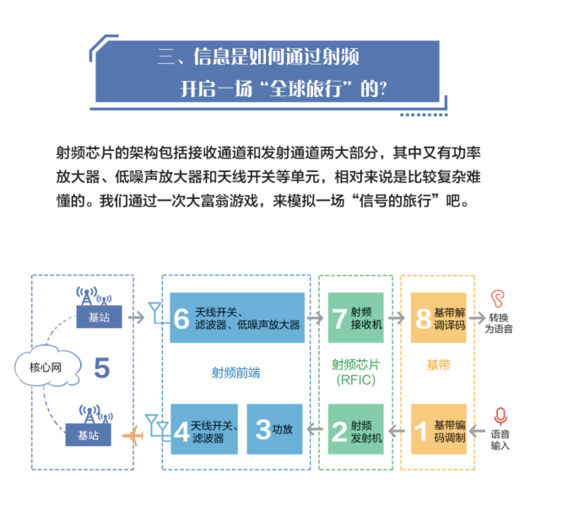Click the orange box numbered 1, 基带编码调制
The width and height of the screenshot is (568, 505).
pos(438,430)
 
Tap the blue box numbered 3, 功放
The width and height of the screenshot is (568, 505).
pos(275,430)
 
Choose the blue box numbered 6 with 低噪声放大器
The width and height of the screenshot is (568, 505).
pos(236,318)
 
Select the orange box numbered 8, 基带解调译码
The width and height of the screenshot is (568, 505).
pos(438,318)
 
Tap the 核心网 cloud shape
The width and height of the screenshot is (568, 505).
pos(39,366)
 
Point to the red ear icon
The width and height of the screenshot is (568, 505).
pos(500,298)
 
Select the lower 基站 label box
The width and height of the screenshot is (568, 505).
pos(88,435)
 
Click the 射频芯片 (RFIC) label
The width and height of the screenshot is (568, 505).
pos(354,372)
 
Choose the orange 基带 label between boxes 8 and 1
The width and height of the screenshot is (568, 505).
pos(438,365)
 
